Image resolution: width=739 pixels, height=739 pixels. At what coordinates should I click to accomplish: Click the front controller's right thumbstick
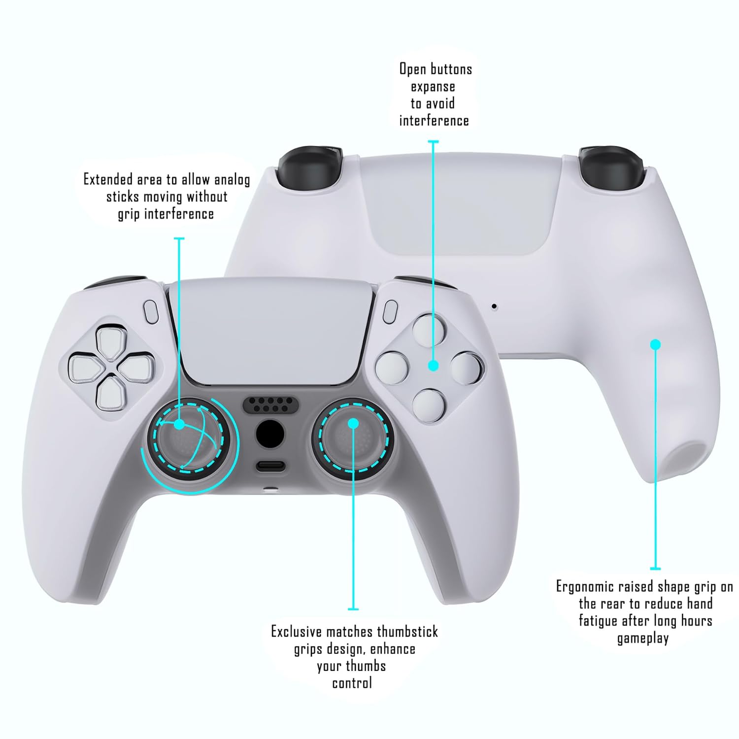(353, 436)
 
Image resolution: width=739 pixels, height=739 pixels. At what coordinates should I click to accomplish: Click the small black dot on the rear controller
(494, 307)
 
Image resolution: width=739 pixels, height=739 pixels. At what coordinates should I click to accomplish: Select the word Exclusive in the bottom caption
(297, 632)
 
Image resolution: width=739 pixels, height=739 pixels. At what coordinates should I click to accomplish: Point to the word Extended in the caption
(107, 179)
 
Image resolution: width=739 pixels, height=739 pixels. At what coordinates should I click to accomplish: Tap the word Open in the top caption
(412, 69)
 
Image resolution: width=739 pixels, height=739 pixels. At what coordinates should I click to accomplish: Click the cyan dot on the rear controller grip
(655, 344)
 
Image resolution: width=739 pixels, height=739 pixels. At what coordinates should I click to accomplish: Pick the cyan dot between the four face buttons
(433, 365)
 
